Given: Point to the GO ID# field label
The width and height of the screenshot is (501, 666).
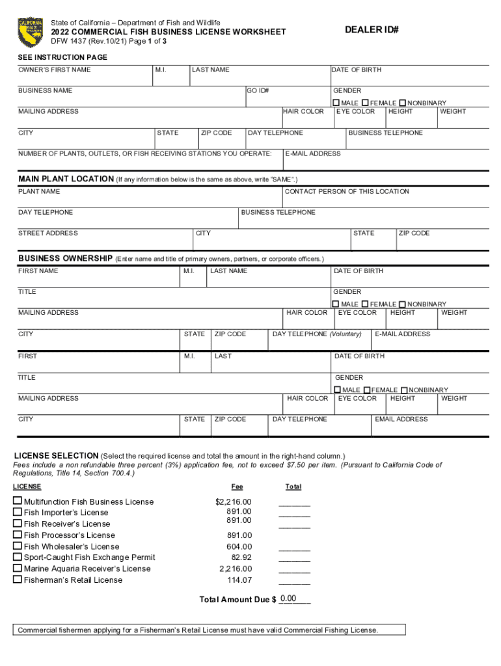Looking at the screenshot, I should point(258,90).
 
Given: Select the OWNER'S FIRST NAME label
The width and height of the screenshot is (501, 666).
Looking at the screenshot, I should point(55,70).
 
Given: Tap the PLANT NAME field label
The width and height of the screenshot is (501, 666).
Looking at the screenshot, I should point(39,191).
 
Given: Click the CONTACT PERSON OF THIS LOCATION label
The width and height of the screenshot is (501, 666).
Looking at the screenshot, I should point(347,191).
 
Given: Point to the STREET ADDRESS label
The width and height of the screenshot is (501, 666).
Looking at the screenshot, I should point(48,233).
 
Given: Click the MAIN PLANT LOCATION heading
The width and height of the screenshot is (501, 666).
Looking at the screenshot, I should point(66,179).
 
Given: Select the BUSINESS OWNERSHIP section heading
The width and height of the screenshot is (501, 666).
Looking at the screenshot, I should point(66,258).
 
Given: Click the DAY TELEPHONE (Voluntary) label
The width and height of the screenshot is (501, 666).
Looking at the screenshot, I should point(317,334).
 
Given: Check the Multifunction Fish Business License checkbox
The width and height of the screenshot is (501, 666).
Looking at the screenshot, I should point(18,501).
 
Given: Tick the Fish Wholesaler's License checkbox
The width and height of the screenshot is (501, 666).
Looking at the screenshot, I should point(18,546).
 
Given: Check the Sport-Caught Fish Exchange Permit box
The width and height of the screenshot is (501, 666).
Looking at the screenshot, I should point(18,557).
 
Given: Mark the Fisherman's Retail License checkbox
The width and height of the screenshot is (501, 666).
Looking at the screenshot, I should point(18,579).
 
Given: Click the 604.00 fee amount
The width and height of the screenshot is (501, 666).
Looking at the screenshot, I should point(239,546).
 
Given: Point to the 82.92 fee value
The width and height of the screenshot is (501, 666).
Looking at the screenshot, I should point(241,557).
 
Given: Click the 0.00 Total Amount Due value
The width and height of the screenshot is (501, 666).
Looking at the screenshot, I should point(288,598).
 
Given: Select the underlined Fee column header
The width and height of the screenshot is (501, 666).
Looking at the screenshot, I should point(237,486).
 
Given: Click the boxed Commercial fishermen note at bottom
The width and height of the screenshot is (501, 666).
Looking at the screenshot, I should point(198,630).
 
